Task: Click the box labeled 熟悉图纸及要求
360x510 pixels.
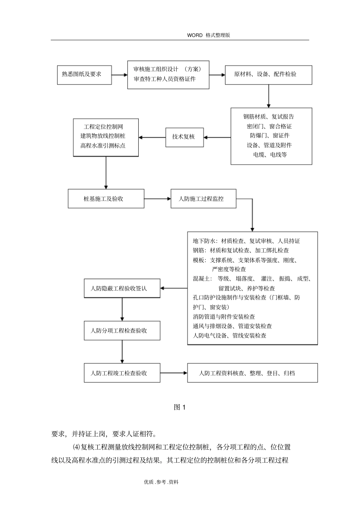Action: click(84, 74)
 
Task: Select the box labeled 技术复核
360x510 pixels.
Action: click(184, 137)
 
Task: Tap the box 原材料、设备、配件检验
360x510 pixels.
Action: click(268, 75)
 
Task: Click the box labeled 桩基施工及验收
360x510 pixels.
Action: click(106, 199)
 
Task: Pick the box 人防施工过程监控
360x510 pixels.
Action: click(203, 199)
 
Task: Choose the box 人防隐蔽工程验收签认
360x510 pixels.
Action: click(122, 289)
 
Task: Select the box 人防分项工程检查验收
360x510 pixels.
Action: click(122, 331)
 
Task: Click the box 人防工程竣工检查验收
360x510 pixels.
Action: click(122, 373)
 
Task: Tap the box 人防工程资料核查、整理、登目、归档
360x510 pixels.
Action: click(252, 373)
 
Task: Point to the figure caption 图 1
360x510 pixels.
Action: click(179, 407)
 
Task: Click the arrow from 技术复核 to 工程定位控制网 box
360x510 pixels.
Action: click(152, 137)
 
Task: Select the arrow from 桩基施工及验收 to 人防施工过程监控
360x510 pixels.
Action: click(157, 199)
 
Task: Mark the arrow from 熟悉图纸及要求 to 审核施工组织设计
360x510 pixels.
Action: click(119, 75)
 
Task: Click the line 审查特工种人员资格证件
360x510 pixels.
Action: click(164, 79)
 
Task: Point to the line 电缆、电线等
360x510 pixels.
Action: click(270, 155)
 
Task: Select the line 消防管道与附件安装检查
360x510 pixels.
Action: click(224, 317)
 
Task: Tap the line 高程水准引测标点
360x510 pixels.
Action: click(103, 145)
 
